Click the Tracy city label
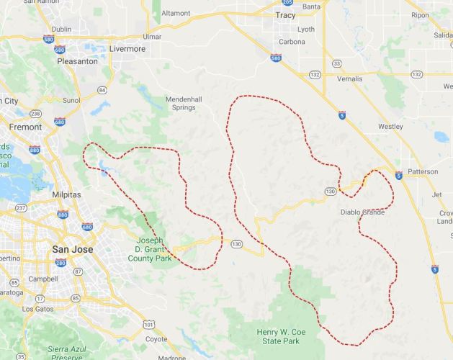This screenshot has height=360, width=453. pyautogui.click(x=285, y=14)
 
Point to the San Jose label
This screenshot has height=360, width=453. pyautogui.click(x=71, y=249)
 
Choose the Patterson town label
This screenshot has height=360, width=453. pyautogui.click(x=422, y=173)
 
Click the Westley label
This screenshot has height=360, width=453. pyautogui.click(x=390, y=127)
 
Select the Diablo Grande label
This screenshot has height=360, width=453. pyautogui.click(x=363, y=212)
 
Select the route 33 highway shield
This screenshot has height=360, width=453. pyautogui.click(x=336, y=64)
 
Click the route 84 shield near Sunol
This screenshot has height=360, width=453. pyautogui.click(x=102, y=90)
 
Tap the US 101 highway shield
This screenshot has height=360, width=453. pyautogui.click(x=148, y=325)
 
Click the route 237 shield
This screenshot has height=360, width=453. pyautogui.click(x=22, y=208)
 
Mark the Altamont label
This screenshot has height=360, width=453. pyautogui.click(x=176, y=13)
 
